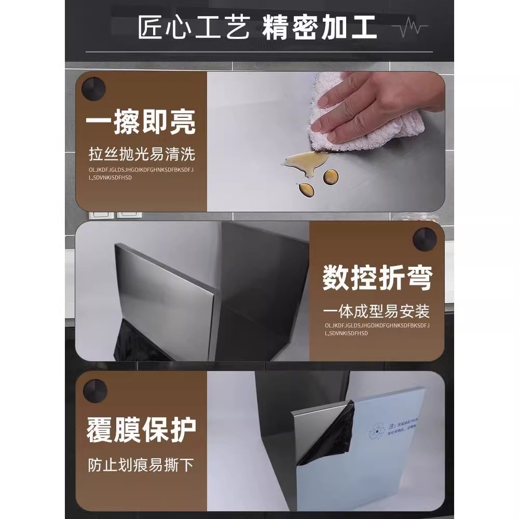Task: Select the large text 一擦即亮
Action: click(x=141, y=124)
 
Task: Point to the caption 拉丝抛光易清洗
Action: click(x=142, y=155)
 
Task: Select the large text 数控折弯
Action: click(x=377, y=278)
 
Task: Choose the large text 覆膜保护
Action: click(x=141, y=430)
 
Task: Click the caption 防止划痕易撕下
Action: click(x=141, y=463)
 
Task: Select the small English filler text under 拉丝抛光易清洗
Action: click(x=140, y=173)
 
